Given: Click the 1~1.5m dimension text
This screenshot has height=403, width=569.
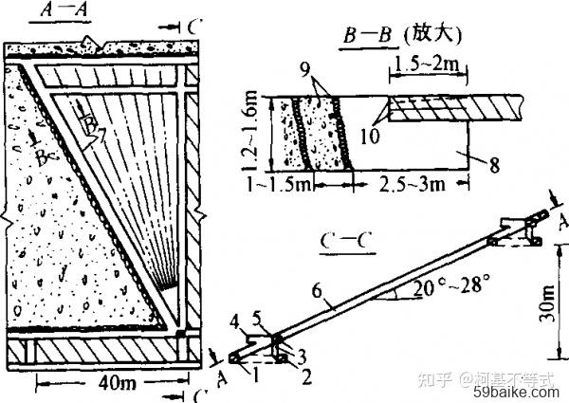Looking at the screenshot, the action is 280,181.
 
